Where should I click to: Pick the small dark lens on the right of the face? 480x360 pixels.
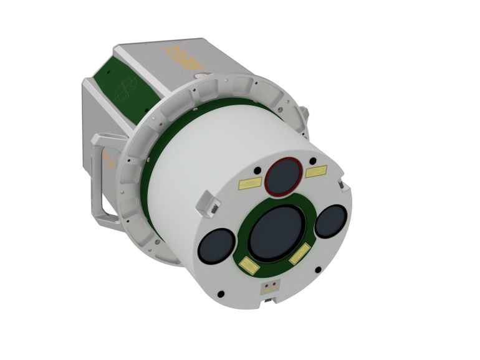[330, 220]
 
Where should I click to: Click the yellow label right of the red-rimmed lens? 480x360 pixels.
[316, 171]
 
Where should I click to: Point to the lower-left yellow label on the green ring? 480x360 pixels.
[250, 265]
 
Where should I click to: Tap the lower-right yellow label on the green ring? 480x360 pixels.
[300, 253]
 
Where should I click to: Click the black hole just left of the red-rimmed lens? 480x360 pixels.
[257, 169]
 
